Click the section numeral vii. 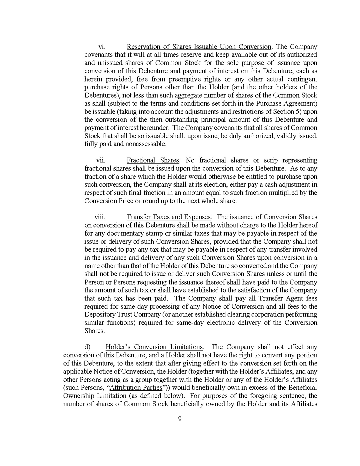click(x=101, y=160)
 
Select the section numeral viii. click(x=100, y=217)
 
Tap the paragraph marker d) click(x=88, y=347)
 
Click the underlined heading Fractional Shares click(x=153, y=160)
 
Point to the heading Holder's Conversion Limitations click(x=154, y=347)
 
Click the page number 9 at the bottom click(x=180, y=419)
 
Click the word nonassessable click(x=143, y=144)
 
